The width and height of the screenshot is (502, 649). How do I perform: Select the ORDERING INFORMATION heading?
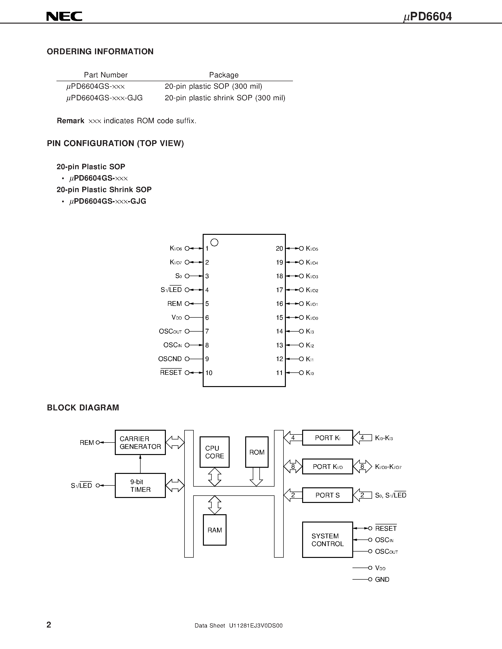(100, 52)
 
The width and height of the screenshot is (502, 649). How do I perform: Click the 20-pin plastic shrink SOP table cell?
(225, 98)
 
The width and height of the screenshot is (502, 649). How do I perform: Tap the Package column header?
(224, 75)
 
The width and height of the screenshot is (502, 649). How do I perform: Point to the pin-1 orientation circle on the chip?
(214, 242)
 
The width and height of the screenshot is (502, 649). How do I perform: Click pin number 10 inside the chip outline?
(209, 373)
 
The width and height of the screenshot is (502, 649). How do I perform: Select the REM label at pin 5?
(175, 304)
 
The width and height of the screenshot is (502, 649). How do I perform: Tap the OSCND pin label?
(170, 359)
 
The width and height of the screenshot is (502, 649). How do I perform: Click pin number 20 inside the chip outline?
(279, 249)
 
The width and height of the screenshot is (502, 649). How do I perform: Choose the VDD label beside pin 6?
(176, 318)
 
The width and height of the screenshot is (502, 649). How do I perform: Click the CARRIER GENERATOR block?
(140, 442)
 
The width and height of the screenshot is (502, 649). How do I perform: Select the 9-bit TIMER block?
(140, 485)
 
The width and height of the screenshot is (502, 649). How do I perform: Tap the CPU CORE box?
(215, 452)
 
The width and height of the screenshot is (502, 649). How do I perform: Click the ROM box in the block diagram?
(257, 452)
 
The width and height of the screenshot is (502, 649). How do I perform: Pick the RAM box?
(215, 530)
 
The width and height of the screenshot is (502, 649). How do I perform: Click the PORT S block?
(327, 495)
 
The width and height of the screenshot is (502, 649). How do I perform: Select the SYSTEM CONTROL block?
(327, 540)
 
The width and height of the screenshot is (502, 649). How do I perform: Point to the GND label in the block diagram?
(382, 579)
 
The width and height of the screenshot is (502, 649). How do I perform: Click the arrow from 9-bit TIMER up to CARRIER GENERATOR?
(140, 464)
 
